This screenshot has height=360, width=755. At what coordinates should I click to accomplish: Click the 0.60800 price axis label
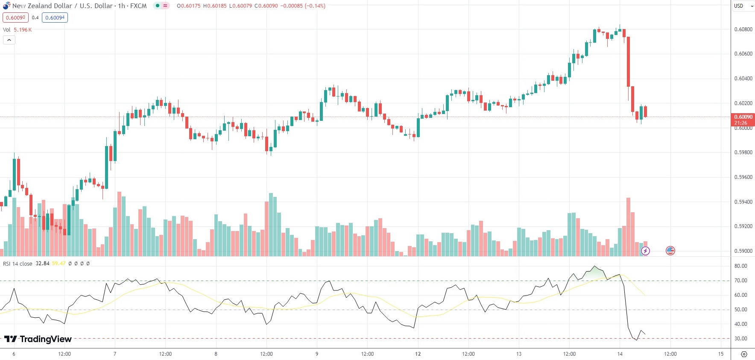tap(743, 29)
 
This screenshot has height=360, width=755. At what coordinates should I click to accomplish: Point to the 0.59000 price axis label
tap(743, 251)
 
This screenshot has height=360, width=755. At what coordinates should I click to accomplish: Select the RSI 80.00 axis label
tap(740, 266)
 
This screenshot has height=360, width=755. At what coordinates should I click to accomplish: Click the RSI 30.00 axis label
tap(740, 339)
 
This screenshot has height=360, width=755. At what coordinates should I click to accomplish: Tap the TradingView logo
tap(38, 339)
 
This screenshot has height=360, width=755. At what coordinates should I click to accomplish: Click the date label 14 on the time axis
tap(620, 354)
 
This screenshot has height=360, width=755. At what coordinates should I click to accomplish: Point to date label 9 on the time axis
tap(317, 354)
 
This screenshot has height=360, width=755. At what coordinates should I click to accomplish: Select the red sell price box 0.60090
tap(15, 18)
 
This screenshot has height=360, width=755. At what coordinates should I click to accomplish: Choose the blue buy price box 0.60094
tap(55, 18)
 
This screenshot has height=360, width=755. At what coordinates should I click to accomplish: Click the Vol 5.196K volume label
tap(18, 30)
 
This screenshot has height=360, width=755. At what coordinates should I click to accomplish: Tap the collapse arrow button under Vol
tap(9, 40)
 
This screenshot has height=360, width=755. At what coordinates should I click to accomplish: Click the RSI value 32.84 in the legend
tap(42, 263)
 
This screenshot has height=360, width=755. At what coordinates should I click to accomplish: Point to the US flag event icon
tap(670, 251)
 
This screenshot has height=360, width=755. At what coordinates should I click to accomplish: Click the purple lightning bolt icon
tap(645, 251)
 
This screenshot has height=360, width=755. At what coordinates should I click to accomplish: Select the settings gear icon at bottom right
tap(744, 354)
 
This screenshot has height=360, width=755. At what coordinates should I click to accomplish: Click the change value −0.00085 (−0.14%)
tap(304, 6)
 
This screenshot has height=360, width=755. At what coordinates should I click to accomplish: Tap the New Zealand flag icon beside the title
tap(6, 6)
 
